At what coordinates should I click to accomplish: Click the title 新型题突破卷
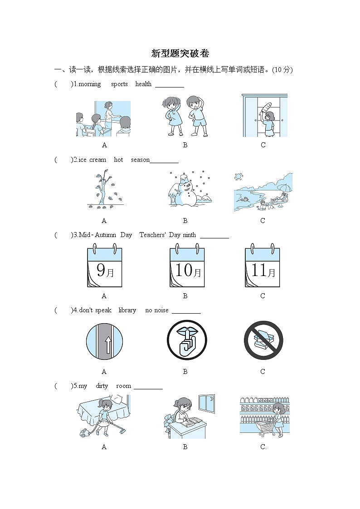point(180,53)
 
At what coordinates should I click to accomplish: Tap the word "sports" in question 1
point(119,84)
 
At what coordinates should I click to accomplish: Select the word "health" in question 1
point(143,84)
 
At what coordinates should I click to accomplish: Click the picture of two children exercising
point(185,116)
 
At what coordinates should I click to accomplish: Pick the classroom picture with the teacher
point(104,118)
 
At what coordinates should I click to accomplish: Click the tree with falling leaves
point(104,191)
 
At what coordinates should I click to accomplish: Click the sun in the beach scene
point(239,176)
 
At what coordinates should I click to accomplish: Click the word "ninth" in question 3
point(190,235)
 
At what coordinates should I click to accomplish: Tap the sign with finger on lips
point(187,340)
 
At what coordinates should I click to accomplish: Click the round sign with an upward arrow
point(105,341)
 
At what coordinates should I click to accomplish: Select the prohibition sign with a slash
point(263,340)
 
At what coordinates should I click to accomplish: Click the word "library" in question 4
point(127,310)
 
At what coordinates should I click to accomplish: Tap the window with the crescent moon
point(206,403)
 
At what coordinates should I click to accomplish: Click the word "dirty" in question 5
point(102,386)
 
